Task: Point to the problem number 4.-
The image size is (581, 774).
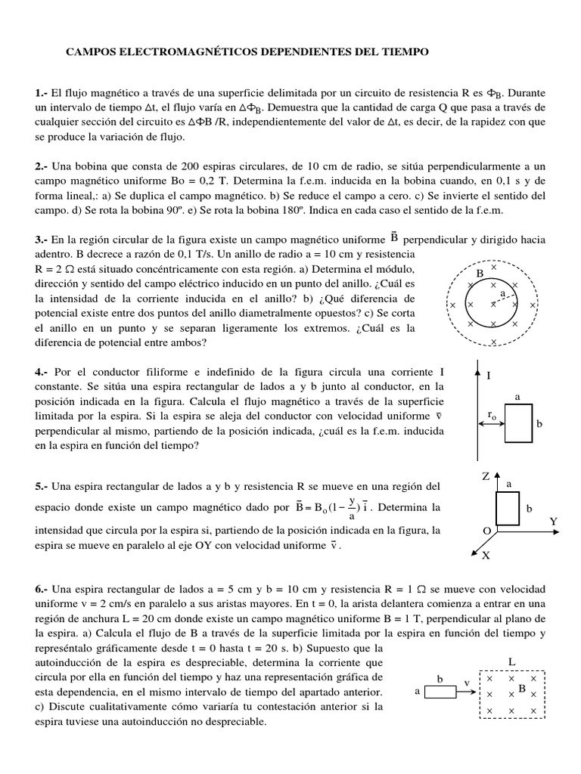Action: [x=42, y=372]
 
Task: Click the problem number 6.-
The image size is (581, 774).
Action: [x=42, y=589]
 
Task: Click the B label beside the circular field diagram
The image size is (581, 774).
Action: [x=479, y=273]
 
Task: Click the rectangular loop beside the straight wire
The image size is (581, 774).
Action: [x=518, y=424]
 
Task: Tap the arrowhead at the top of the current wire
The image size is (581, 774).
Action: [x=477, y=367]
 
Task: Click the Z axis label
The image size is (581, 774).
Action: [x=486, y=477]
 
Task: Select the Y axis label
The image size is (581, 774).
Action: [x=553, y=522]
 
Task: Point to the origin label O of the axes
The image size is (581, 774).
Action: [x=486, y=531]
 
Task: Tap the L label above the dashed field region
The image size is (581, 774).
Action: [x=512, y=661]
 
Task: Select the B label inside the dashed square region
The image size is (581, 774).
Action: [x=522, y=689]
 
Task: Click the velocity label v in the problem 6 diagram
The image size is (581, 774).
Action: [x=467, y=682]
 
